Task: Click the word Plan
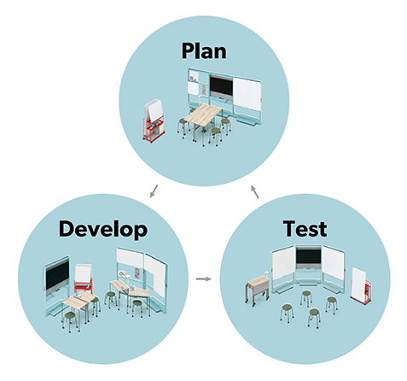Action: [x=204, y=50]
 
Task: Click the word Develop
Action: [x=103, y=230]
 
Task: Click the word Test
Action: [x=305, y=229]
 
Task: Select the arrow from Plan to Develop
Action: [x=154, y=191]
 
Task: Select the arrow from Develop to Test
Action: [x=204, y=278]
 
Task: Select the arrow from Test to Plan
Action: [x=255, y=191]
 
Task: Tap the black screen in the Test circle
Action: [x=308, y=255]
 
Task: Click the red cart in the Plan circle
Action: [x=154, y=130]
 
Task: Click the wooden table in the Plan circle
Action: [x=202, y=114]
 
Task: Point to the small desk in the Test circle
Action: [x=258, y=289]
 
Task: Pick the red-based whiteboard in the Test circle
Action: [x=360, y=285]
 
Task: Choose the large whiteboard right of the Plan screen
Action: [x=247, y=94]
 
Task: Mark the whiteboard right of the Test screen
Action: [x=333, y=262]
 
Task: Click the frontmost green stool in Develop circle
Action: [x=70, y=321]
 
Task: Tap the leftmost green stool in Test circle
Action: [x=287, y=313]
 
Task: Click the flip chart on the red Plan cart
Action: [x=154, y=110]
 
